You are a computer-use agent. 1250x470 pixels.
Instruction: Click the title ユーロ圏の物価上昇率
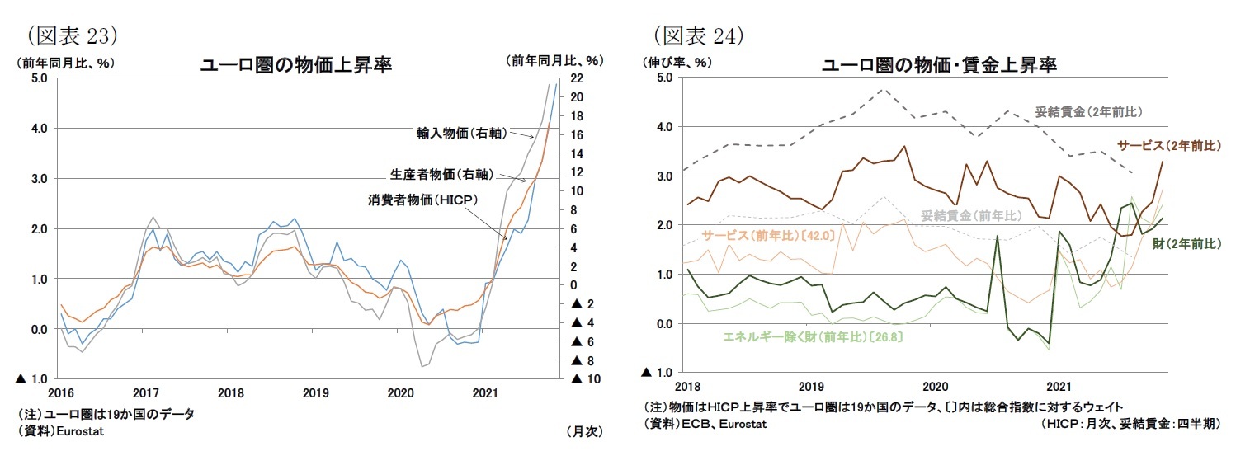pos(296,66)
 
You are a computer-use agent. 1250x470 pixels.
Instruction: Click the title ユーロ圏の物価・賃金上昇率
pos(939,65)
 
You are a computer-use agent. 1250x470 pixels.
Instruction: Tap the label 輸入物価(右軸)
pos(460,132)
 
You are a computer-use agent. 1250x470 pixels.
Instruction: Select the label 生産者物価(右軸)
pos(442,174)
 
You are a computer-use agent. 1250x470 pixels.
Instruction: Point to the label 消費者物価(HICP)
pos(423,200)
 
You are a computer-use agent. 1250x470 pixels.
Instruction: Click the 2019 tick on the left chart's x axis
pos(316,393)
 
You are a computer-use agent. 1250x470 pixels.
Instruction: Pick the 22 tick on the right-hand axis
pos(577,78)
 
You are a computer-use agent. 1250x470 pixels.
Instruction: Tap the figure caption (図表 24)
pos(699,35)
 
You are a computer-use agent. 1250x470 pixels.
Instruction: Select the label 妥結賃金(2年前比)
pos(1088,111)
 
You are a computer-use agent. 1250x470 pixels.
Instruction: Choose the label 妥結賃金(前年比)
pos(971,216)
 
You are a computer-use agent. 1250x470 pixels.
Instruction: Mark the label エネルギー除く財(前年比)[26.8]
pos(800,336)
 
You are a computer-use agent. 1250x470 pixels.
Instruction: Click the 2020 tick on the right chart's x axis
pos(935,386)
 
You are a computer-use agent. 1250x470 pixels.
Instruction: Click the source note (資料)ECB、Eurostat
pos(705,424)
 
